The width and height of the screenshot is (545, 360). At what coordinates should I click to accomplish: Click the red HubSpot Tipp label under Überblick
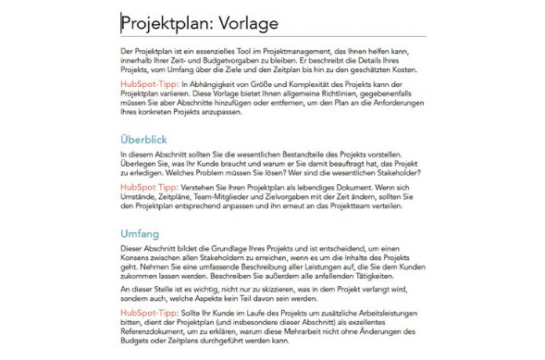tap(148, 187)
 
